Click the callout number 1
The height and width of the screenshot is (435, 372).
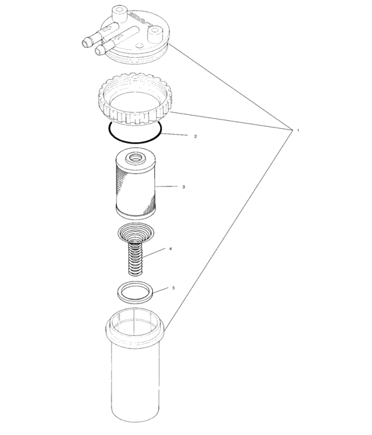(298, 131)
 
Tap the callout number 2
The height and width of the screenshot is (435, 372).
(195, 136)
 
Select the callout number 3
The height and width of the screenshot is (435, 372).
(183, 187)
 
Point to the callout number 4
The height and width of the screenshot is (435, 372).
(171, 248)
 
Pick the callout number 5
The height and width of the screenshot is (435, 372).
(173, 288)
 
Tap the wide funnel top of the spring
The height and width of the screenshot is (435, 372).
(136, 232)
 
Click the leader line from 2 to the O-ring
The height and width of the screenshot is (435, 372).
(175, 135)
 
